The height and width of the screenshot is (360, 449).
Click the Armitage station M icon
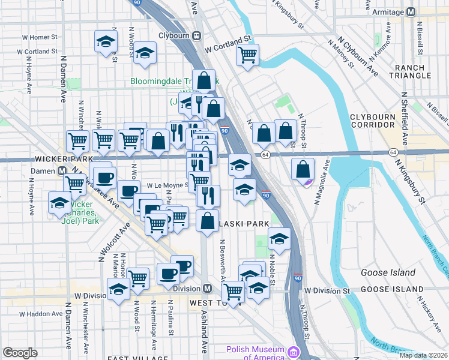tap(411, 11)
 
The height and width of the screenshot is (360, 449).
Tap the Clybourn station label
tap(173, 35)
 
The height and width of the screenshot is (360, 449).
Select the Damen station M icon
tap(62, 170)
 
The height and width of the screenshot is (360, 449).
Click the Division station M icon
tap(206, 289)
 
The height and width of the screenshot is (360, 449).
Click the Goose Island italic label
tap(388, 272)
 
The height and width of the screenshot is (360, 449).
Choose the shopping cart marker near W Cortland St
tap(247, 55)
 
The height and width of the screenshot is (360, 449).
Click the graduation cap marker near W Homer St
tap(106, 42)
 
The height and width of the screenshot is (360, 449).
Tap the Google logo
tap(20, 353)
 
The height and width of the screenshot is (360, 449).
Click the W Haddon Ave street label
tap(41, 313)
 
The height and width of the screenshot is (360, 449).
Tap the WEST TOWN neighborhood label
tap(211, 303)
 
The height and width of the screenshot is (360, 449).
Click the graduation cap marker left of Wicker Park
tap(59, 203)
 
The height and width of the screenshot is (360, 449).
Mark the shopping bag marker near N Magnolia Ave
tap(303, 169)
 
